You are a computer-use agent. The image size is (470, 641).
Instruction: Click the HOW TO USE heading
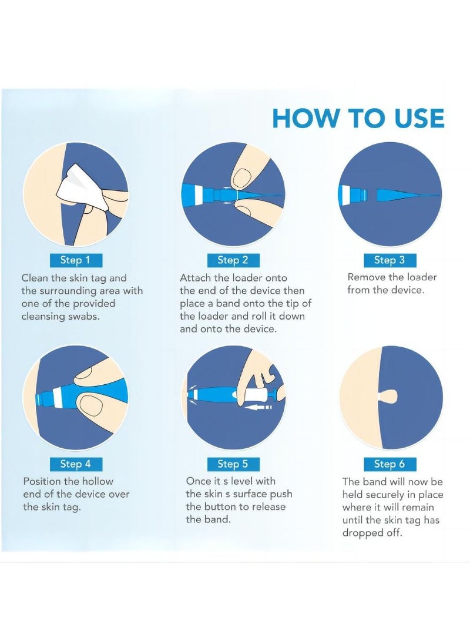coord(358,118)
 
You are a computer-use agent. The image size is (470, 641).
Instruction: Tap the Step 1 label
coord(75,260)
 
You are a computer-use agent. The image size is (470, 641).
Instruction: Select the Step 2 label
coord(233,260)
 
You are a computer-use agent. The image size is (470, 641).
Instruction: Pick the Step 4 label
coord(75,464)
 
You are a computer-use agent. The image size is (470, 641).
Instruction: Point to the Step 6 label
coord(390,464)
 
